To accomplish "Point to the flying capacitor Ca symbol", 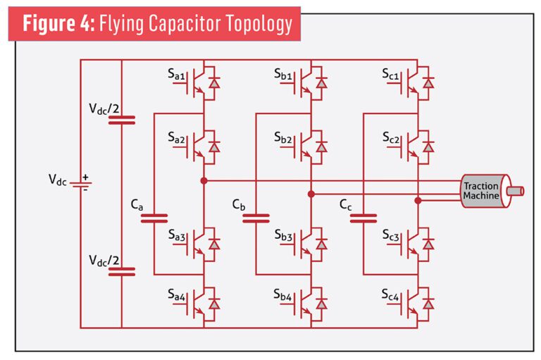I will pos(154,218).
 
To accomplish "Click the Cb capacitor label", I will pos(239,205).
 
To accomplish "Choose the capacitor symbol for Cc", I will pos(363,218).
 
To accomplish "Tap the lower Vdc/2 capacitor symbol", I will pos(121,271).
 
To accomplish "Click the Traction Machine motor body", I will pos(481,191).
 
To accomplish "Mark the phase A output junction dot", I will pos(204,181).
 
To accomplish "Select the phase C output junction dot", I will pos(418,201).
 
